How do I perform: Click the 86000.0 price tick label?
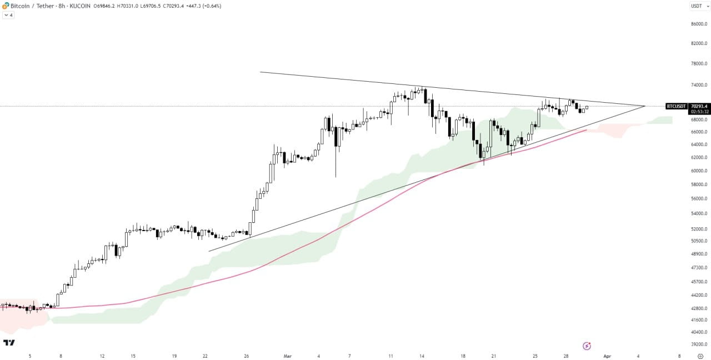pos(698,24)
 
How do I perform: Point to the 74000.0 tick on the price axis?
pos(698,85)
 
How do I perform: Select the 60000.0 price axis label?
pos(698,171)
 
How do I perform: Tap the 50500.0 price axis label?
pos(698,241)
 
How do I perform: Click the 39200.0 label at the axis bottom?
pos(698,344)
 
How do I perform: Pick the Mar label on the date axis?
pos(287,356)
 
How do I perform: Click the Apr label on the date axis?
pos(607,356)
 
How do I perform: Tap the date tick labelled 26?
pos(247,356)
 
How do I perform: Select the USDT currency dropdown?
pos(699,6)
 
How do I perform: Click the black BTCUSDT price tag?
pos(676,106)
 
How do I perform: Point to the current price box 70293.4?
pos(698,106)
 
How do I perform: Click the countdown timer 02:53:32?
pos(698,111)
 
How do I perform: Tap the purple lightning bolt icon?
pos(587,346)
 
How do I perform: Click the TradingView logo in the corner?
pos(9,343)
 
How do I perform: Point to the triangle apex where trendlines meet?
pos(645,106)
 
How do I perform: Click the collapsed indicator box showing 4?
pos(8,15)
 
